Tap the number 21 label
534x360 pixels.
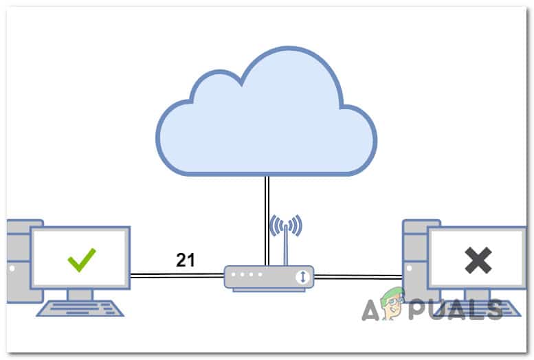point(186,260)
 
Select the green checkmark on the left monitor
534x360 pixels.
point(82,260)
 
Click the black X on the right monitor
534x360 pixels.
point(478,260)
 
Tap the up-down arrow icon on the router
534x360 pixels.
point(303,277)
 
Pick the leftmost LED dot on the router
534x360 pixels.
point(235,275)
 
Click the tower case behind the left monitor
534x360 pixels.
point(16,261)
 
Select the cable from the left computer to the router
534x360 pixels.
point(175,275)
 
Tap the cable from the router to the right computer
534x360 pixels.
point(357,277)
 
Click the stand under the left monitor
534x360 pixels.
point(80,294)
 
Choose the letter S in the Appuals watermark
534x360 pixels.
point(492,309)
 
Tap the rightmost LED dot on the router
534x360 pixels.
point(260,275)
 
